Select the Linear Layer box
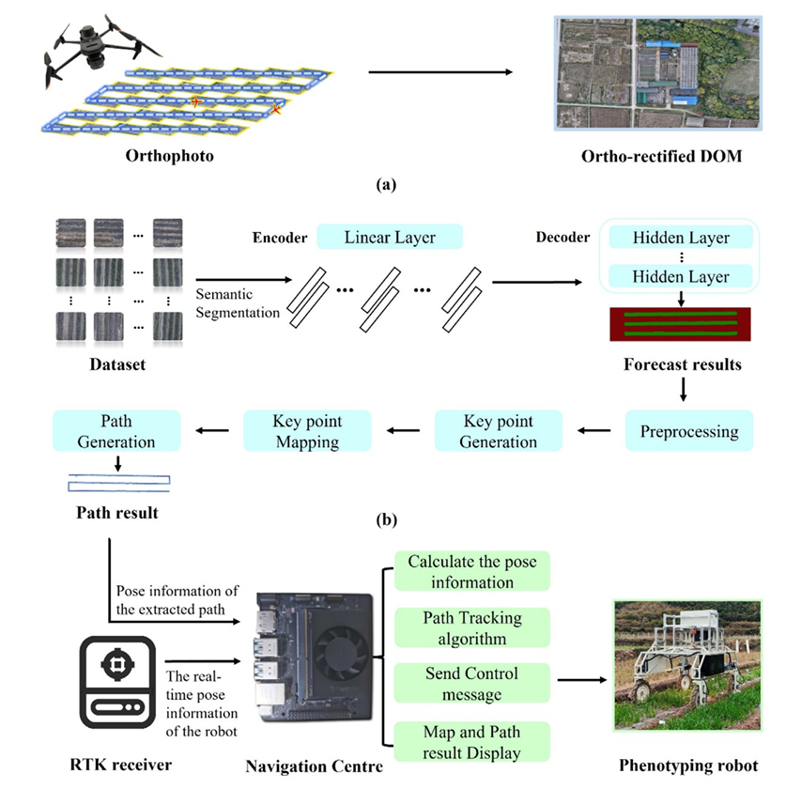point(390,238)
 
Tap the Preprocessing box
point(689,431)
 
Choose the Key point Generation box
point(500,431)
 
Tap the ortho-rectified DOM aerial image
point(655,73)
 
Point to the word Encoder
point(280,239)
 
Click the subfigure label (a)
point(384,185)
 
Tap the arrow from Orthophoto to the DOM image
point(441,72)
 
